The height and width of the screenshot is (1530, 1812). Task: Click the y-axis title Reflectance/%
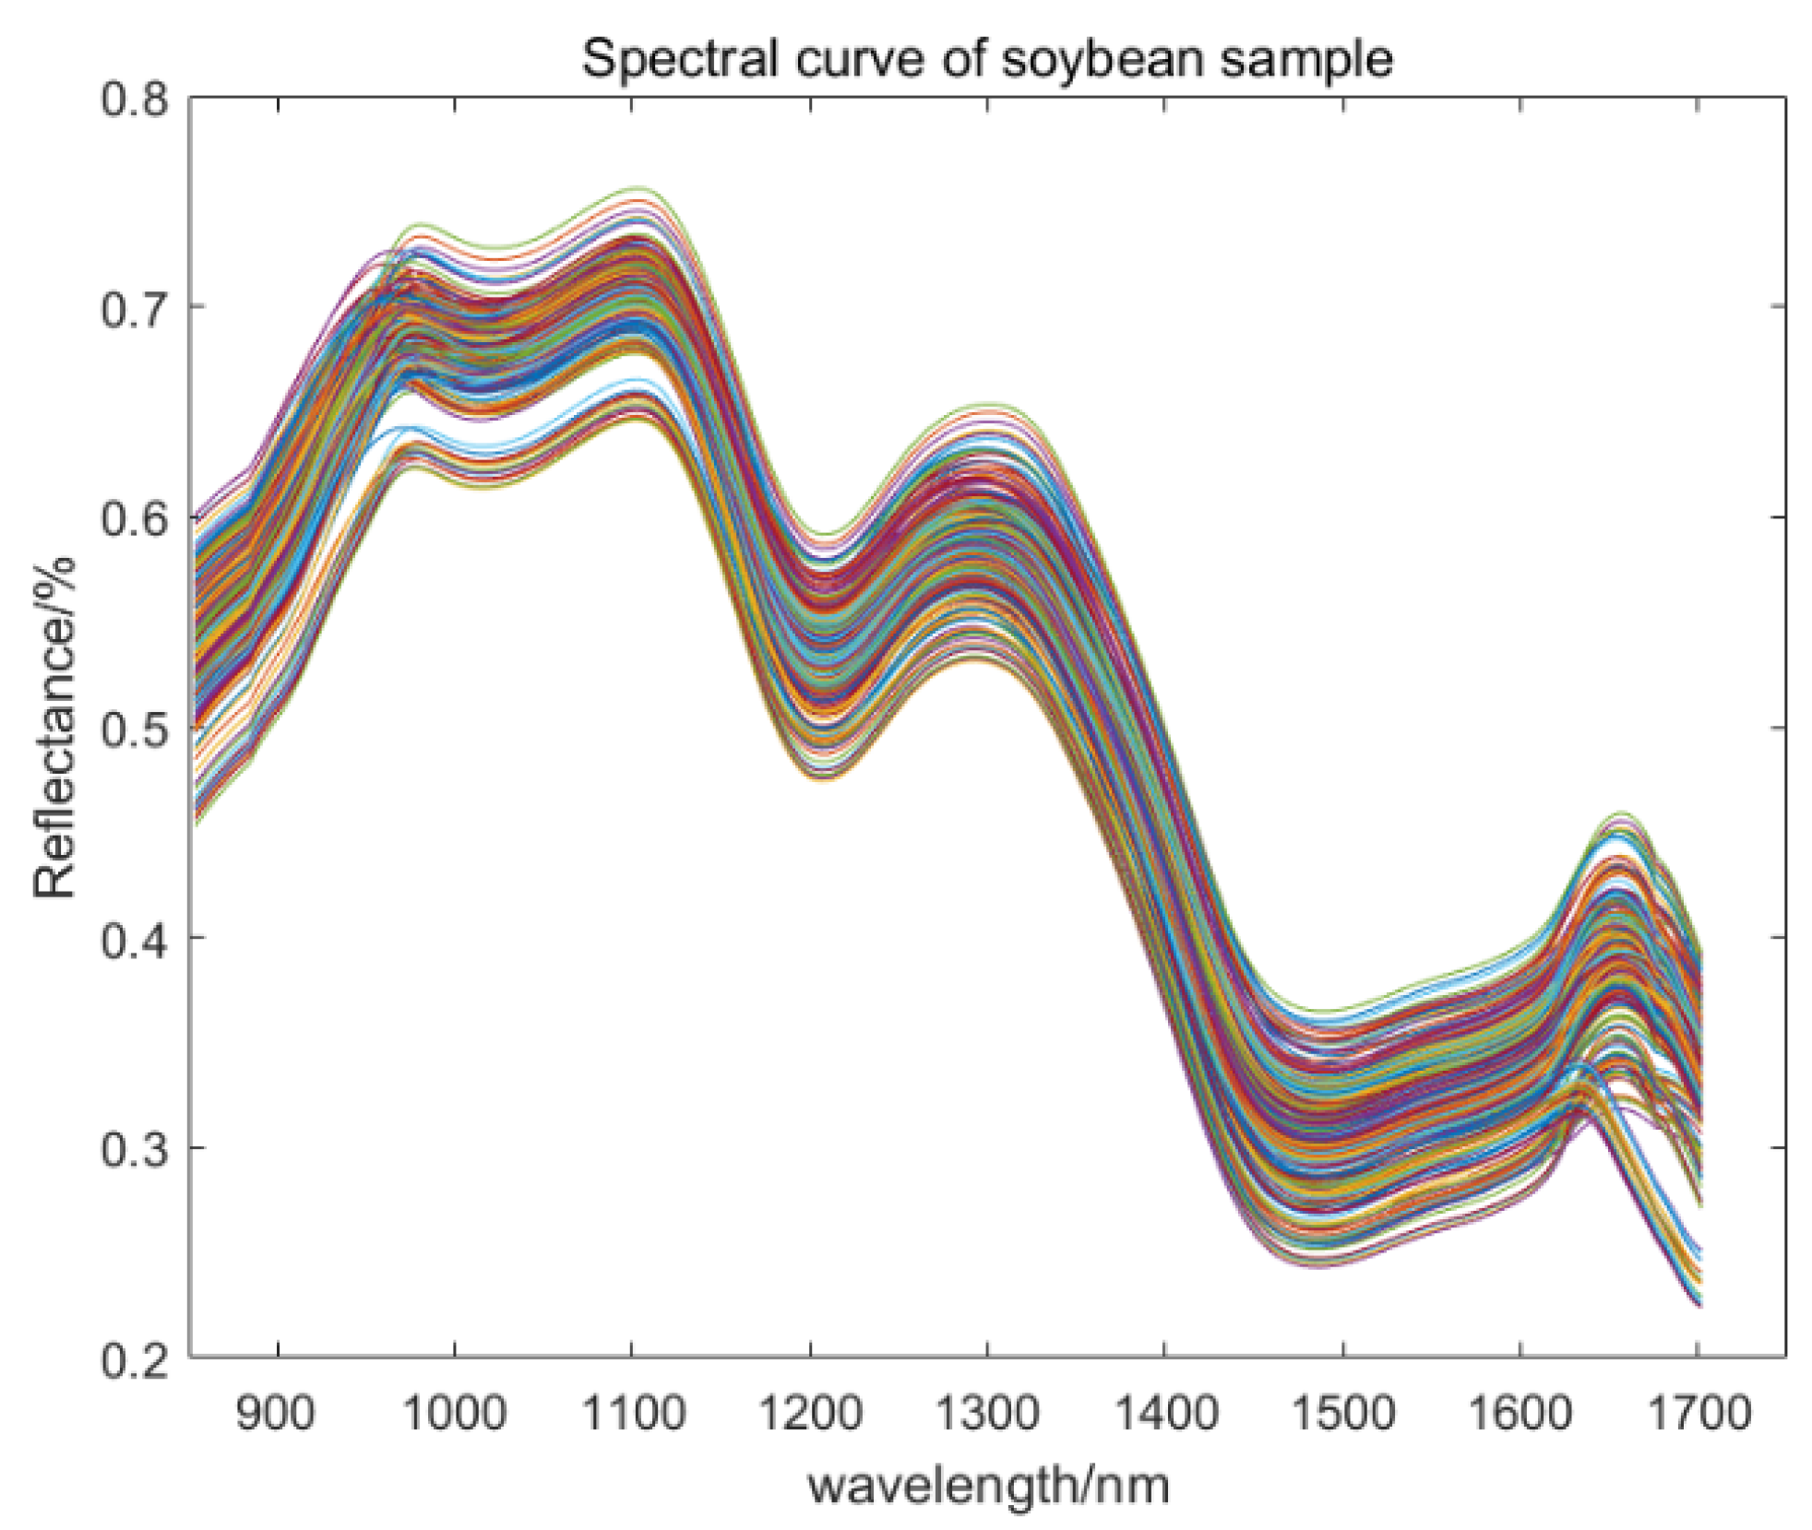(54, 728)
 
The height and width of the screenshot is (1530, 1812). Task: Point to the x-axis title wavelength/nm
(988, 1486)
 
